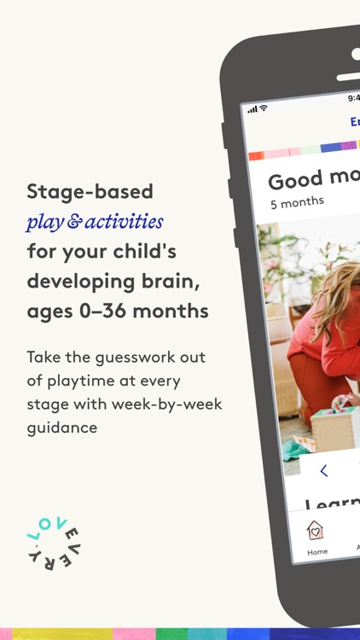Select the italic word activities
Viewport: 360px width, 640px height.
click(119, 222)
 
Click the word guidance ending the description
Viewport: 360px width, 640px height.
click(62, 427)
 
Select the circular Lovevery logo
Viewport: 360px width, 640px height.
click(53, 547)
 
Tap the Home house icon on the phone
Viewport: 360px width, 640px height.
click(315, 530)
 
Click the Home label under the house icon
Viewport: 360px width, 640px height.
click(316, 551)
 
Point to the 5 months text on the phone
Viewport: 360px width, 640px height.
click(297, 202)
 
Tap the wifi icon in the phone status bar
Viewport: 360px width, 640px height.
click(263, 108)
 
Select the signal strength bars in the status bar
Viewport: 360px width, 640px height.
click(252, 109)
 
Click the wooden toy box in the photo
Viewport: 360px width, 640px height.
click(334, 426)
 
